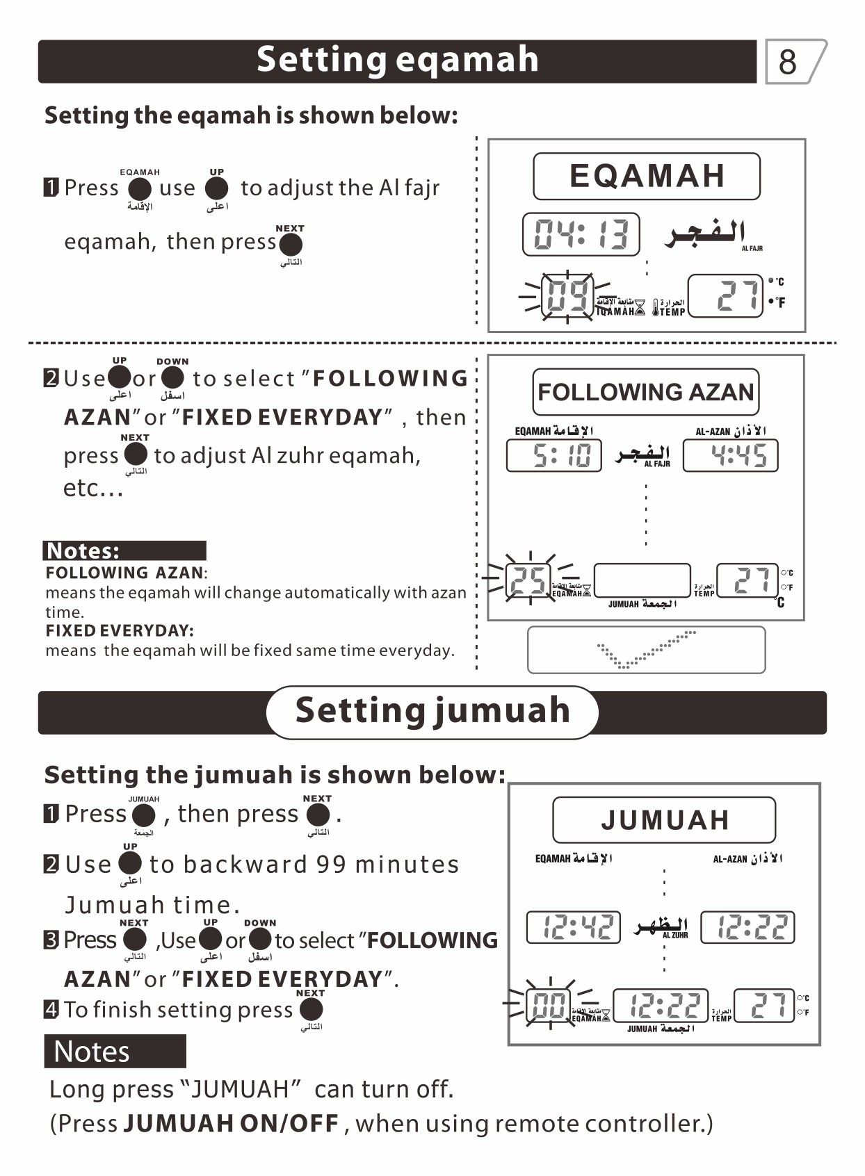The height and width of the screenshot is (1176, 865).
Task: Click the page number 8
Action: tap(788, 62)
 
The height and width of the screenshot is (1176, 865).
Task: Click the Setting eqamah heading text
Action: tap(397, 60)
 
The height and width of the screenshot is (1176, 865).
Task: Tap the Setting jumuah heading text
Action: tap(432, 711)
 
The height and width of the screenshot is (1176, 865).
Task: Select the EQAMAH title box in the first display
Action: tap(646, 176)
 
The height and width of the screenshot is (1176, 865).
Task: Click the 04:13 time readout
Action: tap(581, 234)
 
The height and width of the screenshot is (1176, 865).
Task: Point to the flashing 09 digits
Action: tap(567, 295)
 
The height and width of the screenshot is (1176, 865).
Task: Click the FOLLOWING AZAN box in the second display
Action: tap(645, 392)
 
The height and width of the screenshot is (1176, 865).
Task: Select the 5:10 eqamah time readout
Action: tap(554, 456)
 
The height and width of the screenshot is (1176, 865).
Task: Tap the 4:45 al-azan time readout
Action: tap(730, 456)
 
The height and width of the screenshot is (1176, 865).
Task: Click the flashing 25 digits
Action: tap(528, 581)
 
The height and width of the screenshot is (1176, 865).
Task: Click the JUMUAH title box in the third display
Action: tap(664, 820)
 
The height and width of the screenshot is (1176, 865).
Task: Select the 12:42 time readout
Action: tap(574, 927)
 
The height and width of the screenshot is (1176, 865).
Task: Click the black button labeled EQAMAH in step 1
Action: tap(140, 188)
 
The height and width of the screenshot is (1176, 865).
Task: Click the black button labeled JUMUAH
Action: tap(144, 815)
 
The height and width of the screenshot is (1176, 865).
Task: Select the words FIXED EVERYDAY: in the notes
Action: tap(120, 630)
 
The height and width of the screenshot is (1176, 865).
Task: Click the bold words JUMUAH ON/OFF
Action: tap(231, 1123)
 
